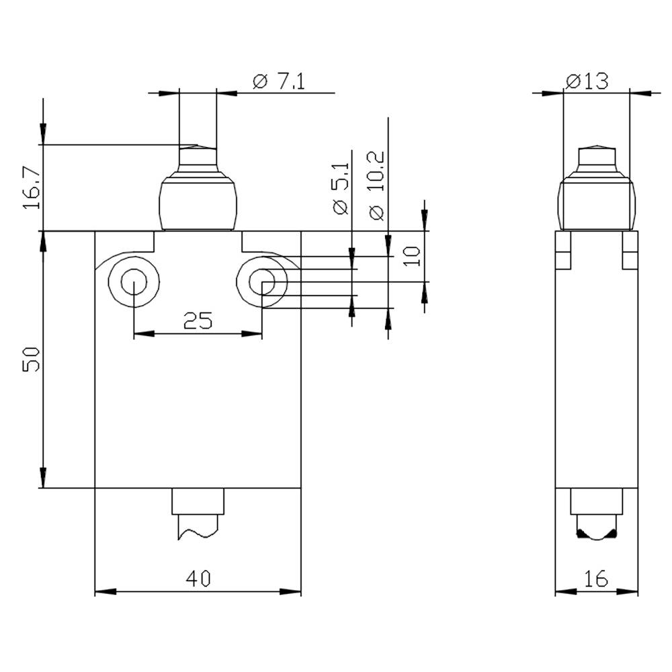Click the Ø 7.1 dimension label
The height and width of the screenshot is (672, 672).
[279, 82]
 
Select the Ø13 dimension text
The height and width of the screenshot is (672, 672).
[587, 81]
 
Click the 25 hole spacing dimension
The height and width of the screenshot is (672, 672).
[198, 321]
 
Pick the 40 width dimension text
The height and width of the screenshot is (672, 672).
[198, 579]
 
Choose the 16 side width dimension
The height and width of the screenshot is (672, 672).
[595, 579]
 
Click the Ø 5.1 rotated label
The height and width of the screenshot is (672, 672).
[341, 189]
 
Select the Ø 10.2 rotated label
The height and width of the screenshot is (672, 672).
[376, 185]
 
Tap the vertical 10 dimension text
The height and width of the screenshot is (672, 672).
[412, 255]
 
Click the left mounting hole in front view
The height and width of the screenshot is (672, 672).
[134, 282]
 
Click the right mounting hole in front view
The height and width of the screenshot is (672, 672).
[262, 282]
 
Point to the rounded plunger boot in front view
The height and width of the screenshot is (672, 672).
[198, 202]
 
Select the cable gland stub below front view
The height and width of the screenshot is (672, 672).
[198, 514]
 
